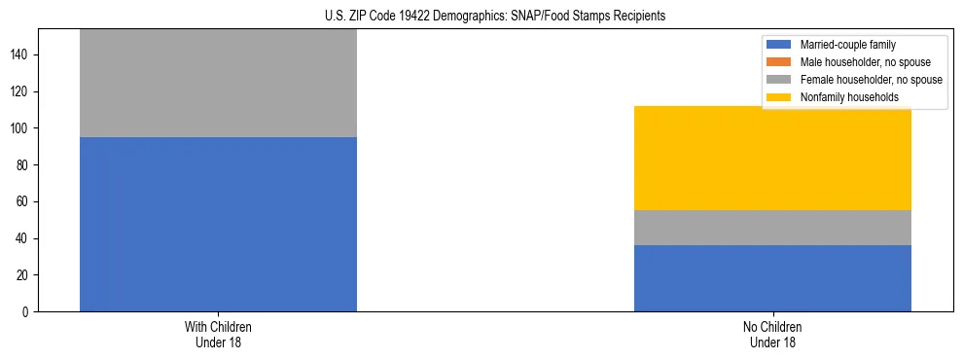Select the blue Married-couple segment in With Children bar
[218, 224]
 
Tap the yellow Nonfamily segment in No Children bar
[772, 158]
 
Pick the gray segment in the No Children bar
[772, 228]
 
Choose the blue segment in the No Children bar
[772, 278]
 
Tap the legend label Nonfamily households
[848, 97]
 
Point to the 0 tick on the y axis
[27, 312]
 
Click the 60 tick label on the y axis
[24, 202]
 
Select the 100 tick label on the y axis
[21, 128]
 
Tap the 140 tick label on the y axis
[21, 55]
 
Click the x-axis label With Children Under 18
[218, 334]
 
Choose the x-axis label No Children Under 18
[772, 334]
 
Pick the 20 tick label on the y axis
[24, 275]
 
